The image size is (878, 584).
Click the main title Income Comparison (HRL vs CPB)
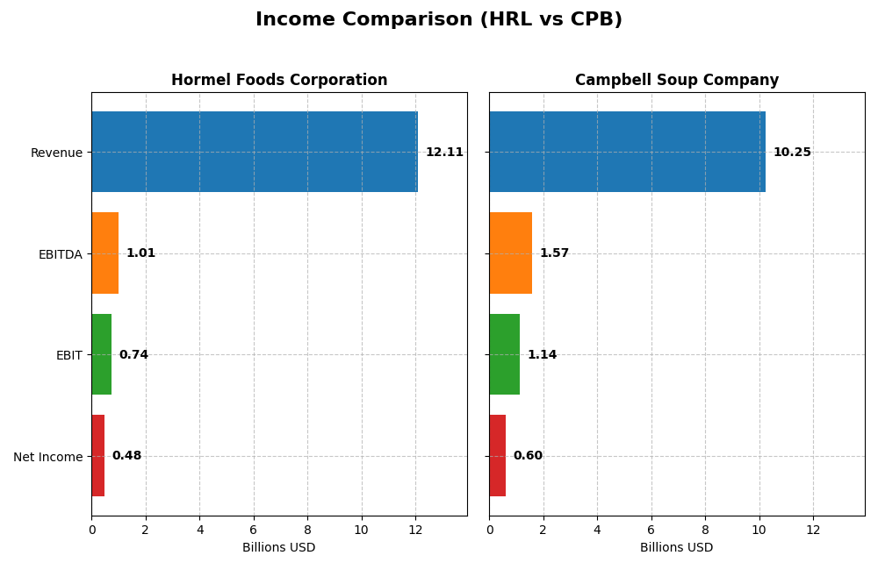[438, 19]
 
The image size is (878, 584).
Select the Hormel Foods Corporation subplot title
[279, 80]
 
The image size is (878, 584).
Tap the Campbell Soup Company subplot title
[676, 80]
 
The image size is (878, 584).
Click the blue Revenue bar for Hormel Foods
[255, 152]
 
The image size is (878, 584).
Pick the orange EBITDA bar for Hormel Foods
[105, 253]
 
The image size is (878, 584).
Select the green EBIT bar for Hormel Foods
[102, 354]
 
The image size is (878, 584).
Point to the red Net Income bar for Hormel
[98, 456]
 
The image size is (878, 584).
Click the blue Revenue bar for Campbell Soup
[627, 152]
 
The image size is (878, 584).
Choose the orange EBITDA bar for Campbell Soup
[510, 253]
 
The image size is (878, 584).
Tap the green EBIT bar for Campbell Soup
[505, 354]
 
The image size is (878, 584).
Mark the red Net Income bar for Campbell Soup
[498, 456]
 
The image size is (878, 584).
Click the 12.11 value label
[444, 153]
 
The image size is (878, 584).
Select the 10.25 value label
[792, 153]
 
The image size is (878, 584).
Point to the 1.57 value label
[554, 253]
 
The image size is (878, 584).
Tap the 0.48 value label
[126, 456]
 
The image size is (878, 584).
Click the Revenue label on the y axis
[56, 153]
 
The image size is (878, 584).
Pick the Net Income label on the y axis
[47, 457]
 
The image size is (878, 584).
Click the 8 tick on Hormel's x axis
[307, 530]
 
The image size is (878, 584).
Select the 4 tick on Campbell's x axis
[597, 530]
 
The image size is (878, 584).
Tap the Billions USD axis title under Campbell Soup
[676, 548]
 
